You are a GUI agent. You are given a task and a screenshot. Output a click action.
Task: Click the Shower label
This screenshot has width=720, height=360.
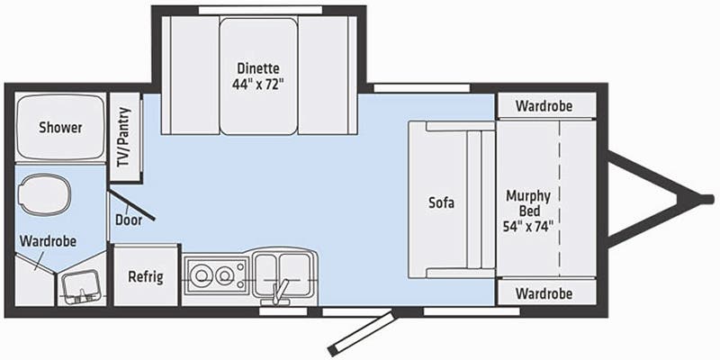pyautogui.click(x=60, y=128)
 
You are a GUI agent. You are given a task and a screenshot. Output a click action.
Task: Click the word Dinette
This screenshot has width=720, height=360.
pyautogui.click(x=258, y=68)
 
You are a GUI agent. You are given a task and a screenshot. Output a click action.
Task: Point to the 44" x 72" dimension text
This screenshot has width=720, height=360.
pyautogui.click(x=258, y=85)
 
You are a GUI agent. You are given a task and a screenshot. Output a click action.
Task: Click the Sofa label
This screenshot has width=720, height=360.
pyautogui.click(x=441, y=202)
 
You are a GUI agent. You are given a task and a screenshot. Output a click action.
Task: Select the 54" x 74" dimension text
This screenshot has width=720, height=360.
pyautogui.click(x=528, y=228)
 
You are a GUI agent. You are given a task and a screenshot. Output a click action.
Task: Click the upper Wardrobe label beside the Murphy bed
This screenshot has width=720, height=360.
pyautogui.click(x=544, y=105)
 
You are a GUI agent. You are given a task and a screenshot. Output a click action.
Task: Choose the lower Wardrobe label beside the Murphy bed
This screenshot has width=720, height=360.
pyautogui.click(x=544, y=293)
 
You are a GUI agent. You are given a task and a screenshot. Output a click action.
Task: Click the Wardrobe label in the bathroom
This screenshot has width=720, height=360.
pyautogui.click(x=48, y=241)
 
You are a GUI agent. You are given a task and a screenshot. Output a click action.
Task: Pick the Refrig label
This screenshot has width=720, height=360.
pyautogui.click(x=145, y=275)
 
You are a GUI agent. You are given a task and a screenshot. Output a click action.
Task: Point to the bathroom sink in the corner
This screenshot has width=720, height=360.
pyautogui.click(x=81, y=287)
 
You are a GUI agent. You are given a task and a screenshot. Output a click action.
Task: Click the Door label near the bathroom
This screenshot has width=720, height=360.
pyautogui.click(x=125, y=220)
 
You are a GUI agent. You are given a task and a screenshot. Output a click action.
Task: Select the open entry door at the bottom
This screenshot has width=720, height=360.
pyautogui.click(x=360, y=333)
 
